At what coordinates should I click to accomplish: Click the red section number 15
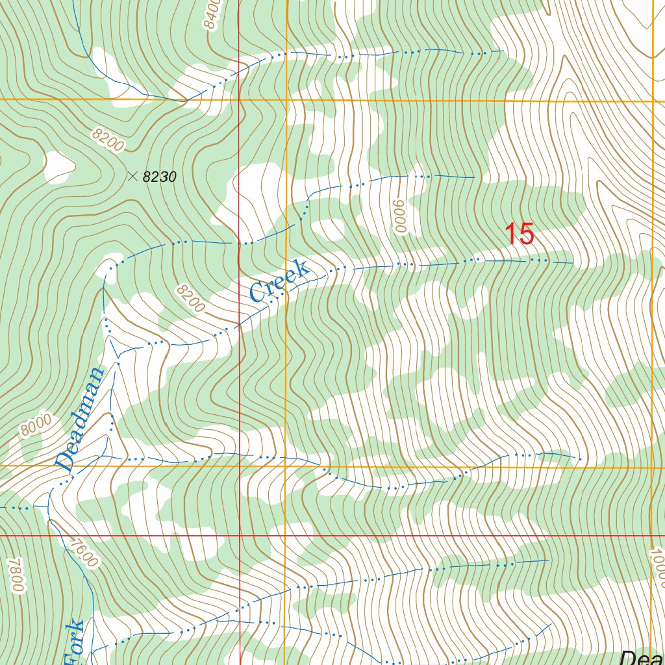click(520, 234)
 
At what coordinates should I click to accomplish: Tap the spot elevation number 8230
click(159, 177)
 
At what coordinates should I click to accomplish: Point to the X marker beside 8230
click(133, 175)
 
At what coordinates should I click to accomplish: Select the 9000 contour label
click(399, 216)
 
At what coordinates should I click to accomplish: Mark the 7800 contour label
click(16, 575)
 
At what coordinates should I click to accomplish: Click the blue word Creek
click(278, 281)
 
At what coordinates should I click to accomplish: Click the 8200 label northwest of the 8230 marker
click(107, 140)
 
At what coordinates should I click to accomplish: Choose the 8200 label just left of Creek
click(190, 297)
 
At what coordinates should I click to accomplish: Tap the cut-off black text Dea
click(642, 657)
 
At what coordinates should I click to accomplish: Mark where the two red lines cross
click(240, 536)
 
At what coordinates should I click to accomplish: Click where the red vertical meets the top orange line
click(239, 100)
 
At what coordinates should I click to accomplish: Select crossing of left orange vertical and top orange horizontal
click(286, 100)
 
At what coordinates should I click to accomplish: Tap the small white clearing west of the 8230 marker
click(58, 166)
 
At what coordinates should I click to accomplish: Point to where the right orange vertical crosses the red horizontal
click(651, 536)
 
